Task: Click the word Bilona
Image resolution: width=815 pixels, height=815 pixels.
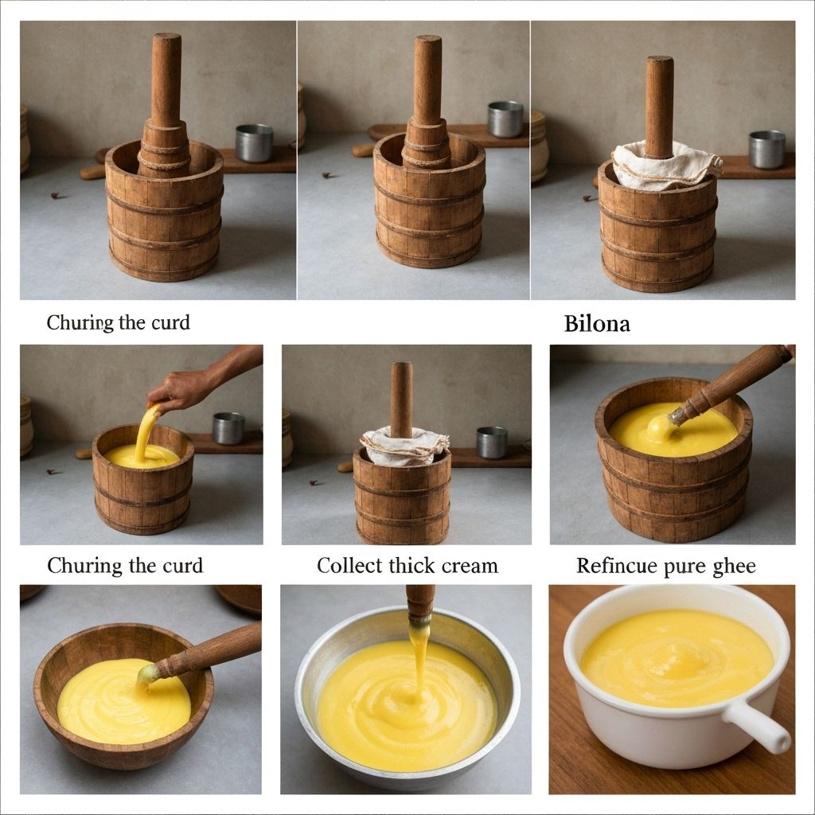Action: (597, 324)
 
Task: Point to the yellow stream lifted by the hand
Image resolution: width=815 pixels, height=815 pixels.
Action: (145, 434)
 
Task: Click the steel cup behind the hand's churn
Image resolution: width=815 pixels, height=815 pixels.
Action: (228, 427)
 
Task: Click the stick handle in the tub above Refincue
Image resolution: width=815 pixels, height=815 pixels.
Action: (732, 380)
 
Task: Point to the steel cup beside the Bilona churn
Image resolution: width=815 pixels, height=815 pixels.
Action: (766, 149)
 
